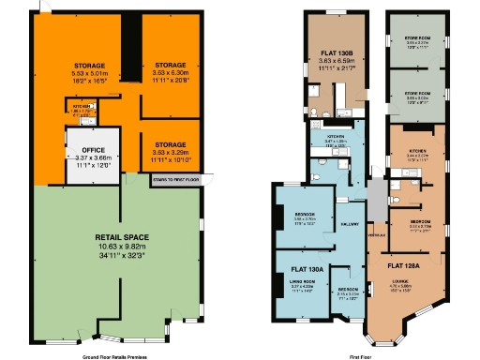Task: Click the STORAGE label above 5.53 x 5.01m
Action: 89,66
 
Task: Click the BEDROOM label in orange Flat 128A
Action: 420,220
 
